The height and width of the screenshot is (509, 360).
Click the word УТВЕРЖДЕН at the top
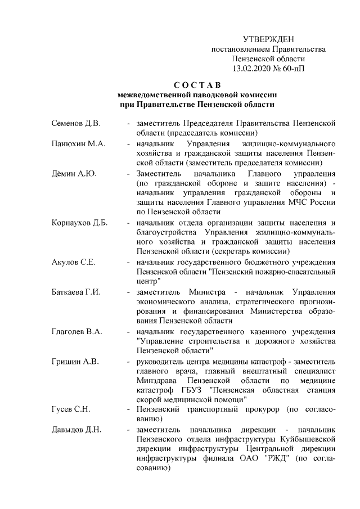[x=268, y=39]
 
